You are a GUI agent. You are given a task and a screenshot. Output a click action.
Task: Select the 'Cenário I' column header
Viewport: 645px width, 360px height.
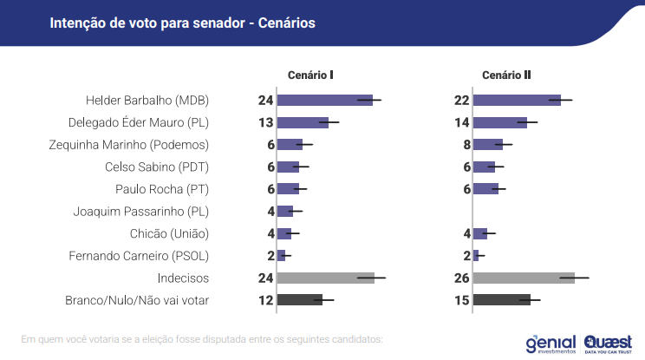click(x=311, y=75)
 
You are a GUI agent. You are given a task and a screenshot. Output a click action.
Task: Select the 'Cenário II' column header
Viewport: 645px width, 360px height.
click(x=507, y=75)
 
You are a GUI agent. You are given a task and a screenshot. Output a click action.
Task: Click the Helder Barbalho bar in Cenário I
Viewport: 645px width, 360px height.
click(x=324, y=100)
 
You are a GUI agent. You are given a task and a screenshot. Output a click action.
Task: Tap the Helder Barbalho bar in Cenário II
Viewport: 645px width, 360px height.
click(x=517, y=100)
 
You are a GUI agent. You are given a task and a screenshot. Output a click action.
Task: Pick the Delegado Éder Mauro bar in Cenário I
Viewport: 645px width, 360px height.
click(x=303, y=122)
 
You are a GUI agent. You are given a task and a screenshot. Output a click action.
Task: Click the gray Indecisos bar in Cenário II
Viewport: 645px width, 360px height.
click(x=524, y=278)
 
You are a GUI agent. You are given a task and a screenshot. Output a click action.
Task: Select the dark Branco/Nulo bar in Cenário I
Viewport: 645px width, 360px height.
click(x=299, y=300)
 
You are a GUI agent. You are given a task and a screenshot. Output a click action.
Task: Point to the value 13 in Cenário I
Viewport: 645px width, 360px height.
click(x=265, y=122)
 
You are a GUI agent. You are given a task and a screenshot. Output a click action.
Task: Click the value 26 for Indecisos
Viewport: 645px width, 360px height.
click(x=461, y=278)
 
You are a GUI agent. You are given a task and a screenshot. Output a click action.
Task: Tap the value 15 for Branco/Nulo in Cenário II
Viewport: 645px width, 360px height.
click(x=461, y=300)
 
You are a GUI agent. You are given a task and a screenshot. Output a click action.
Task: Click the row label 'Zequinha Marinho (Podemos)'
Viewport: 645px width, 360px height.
click(x=141, y=144)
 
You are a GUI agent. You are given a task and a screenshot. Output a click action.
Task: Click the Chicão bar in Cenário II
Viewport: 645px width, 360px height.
click(x=479, y=233)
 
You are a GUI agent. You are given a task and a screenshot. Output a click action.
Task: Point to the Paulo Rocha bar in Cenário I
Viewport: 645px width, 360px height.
click(x=288, y=189)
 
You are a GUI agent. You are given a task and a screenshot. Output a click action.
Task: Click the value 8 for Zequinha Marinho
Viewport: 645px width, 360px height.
click(x=466, y=144)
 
